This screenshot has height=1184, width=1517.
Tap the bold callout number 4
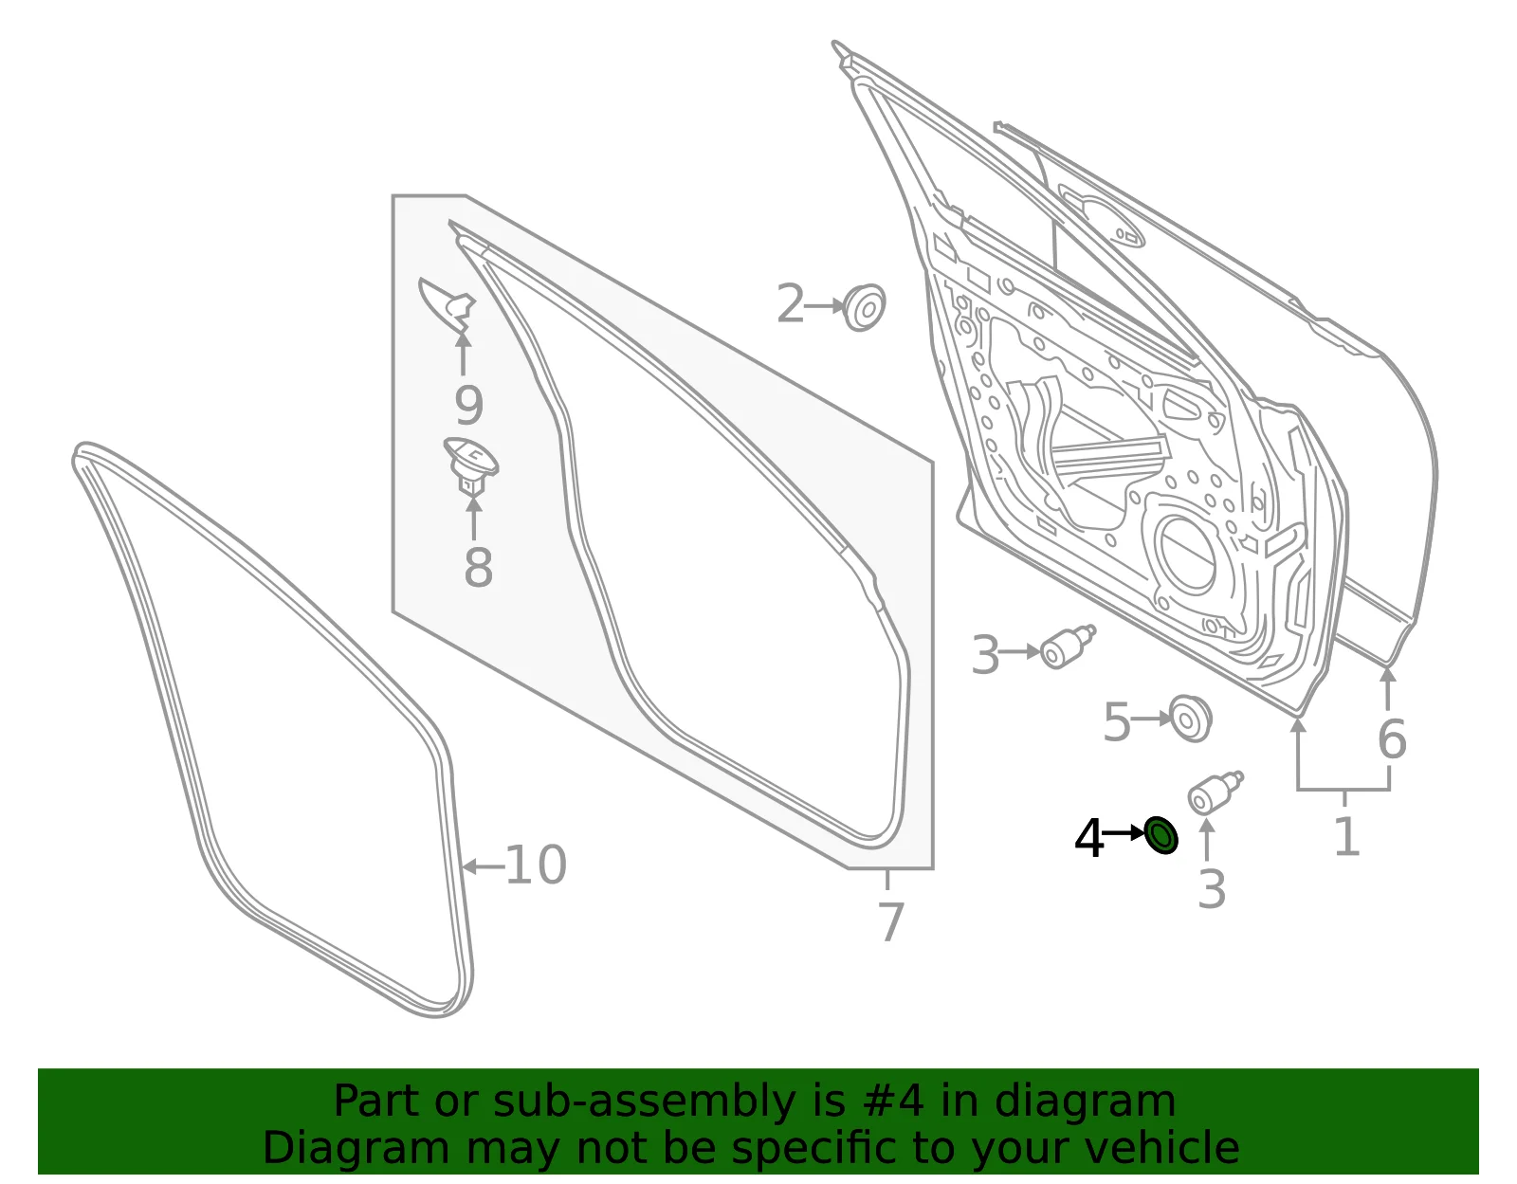[1089, 839]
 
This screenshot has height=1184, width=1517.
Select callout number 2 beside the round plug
[791, 304]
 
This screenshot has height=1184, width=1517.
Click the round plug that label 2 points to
[864, 308]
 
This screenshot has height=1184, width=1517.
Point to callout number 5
[1116, 723]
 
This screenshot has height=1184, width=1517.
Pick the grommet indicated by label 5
[1190, 719]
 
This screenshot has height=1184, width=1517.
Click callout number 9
[469, 405]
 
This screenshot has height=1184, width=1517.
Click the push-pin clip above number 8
[471, 465]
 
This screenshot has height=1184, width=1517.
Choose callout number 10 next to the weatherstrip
[536, 865]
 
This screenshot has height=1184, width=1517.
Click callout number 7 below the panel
[891, 921]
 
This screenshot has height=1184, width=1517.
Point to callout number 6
[1391, 738]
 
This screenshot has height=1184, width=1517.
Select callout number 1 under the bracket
[1346, 836]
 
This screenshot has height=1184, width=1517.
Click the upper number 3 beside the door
[985, 655]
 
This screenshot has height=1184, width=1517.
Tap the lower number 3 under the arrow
[1211, 889]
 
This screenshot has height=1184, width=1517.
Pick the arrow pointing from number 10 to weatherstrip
[484, 866]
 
